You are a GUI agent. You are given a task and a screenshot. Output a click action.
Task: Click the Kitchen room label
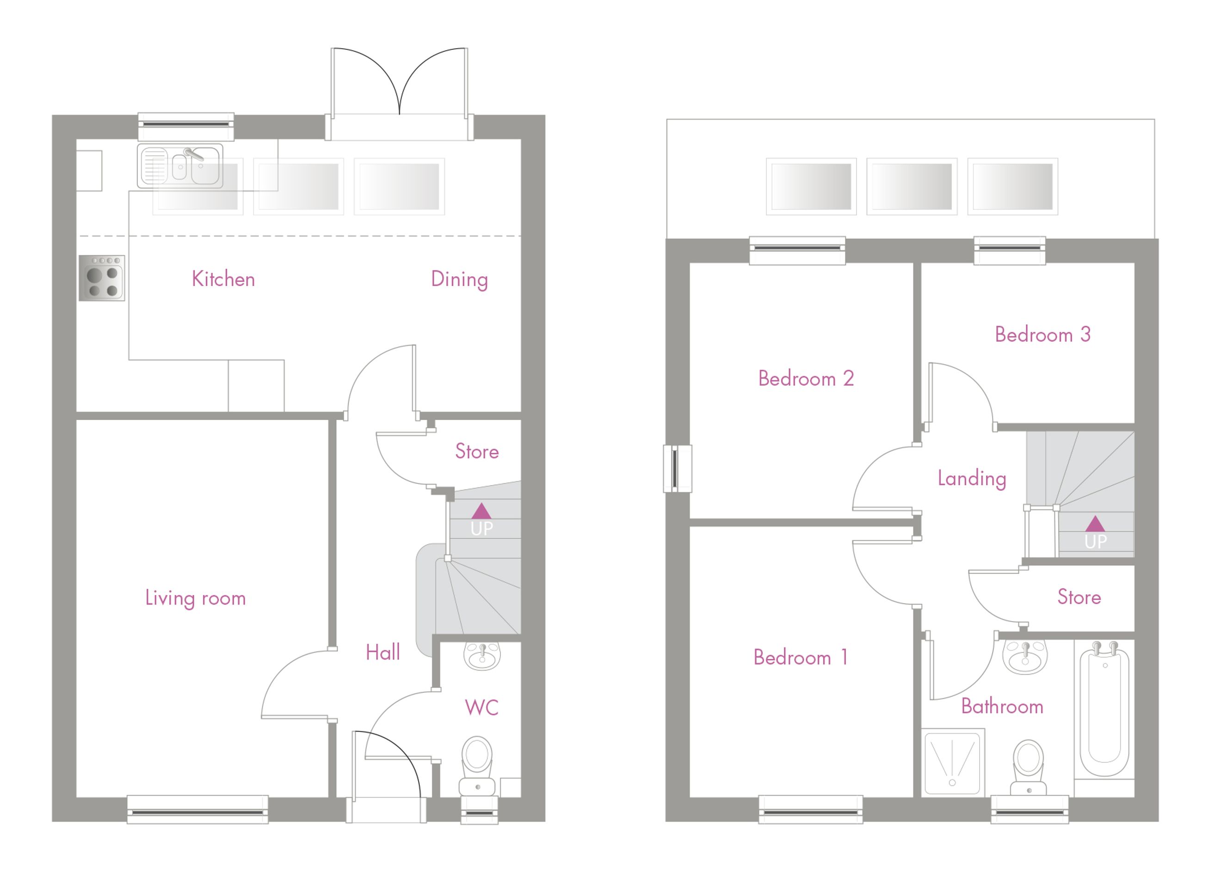(223, 279)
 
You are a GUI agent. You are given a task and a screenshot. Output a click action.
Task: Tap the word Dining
(459, 280)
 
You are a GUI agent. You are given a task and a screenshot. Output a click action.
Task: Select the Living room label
(195, 598)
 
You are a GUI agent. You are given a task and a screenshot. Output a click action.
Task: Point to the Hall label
(383, 652)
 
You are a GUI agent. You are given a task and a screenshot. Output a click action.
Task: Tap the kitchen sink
(180, 166)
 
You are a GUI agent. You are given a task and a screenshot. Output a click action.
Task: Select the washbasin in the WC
(482, 656)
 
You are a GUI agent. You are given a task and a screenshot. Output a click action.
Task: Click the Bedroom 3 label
(1042, 335)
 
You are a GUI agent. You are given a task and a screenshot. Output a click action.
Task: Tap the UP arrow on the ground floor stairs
(481, 511)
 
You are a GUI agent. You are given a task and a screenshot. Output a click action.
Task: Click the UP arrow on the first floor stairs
(1095, 524)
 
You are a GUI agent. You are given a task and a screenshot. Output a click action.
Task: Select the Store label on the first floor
(1079, 597)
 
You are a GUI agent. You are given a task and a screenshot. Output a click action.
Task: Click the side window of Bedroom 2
(678, 469)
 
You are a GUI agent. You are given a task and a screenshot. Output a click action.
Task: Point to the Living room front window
(198, 810)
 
